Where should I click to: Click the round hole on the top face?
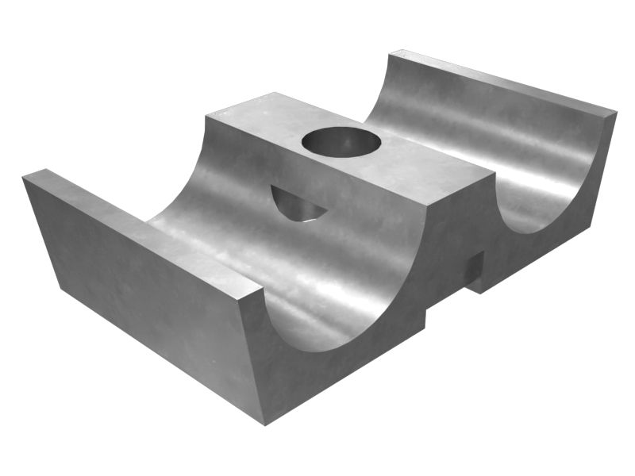(x=341, y=143)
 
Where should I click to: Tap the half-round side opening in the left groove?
(x=296, y=205)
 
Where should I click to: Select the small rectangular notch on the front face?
(x=475, y=270)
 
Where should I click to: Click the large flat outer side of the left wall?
(x=135, y=294)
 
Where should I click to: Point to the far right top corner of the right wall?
(x=616, y=113)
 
